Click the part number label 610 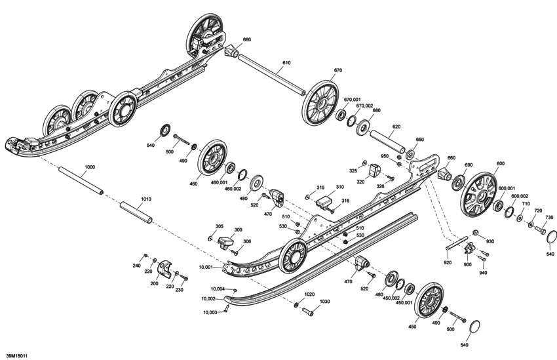286,63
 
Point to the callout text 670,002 364,106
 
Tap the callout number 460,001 218,183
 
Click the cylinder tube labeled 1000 81,181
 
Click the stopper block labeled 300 227,240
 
